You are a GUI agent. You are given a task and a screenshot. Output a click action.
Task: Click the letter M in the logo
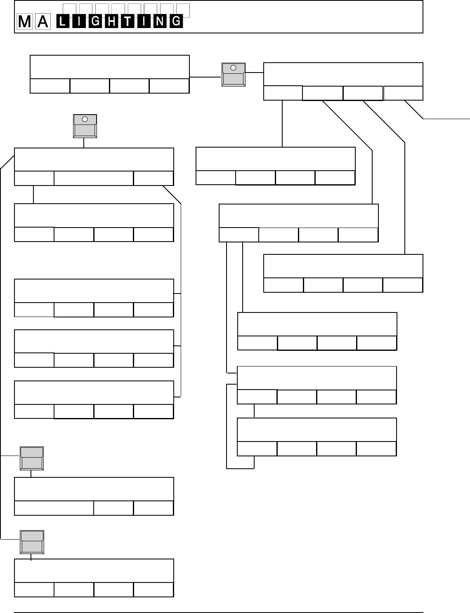[25, 22]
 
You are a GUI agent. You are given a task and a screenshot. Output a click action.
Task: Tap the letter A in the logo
[43, 22]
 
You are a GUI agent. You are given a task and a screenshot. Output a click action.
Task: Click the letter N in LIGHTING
[160, 21]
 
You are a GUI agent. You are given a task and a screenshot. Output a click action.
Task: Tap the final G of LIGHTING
[176, 21]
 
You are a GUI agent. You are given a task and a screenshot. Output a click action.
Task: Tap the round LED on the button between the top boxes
[233, 68]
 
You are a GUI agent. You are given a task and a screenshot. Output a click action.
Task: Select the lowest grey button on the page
[32, 542]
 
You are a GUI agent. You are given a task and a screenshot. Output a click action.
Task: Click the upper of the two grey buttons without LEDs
[32, 458]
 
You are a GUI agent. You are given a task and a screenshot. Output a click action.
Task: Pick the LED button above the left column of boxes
[85, 126]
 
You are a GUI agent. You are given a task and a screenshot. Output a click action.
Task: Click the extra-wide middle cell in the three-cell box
[94, 178]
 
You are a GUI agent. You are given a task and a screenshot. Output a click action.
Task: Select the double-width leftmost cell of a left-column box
[54, 508]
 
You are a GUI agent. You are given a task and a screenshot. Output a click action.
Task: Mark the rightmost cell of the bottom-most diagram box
[154, 590]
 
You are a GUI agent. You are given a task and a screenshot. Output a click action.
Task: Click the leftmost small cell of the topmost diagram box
[50, 86]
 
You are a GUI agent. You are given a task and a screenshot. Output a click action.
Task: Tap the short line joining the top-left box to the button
[205, 76]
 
